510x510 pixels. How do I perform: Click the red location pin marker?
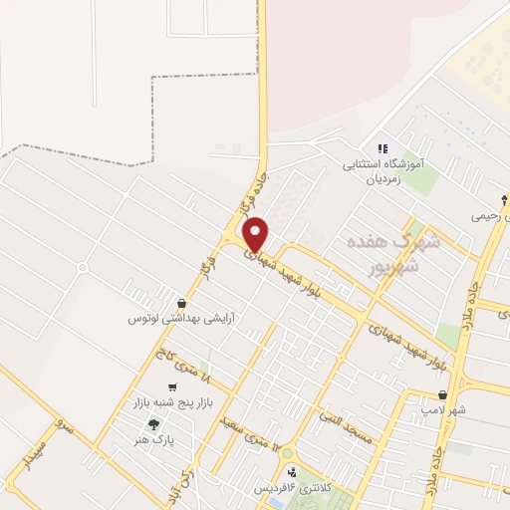click(x=255, y=234)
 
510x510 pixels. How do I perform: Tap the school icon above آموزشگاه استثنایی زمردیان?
click(x=382, y=149)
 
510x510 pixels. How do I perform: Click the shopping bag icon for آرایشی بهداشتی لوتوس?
click(x=180, y=303)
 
